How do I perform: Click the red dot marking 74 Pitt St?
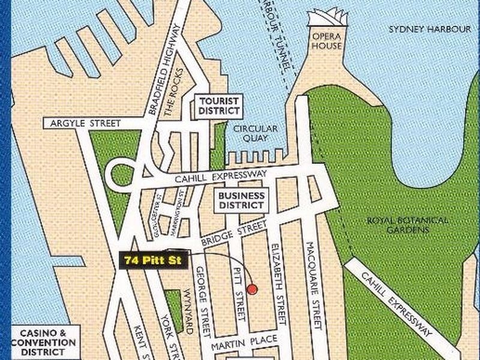(253, 289)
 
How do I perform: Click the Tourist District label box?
(219, 106)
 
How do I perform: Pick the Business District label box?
(241, 200)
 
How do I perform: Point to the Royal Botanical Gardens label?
(407, 225)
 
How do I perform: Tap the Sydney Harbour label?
(421, 29)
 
